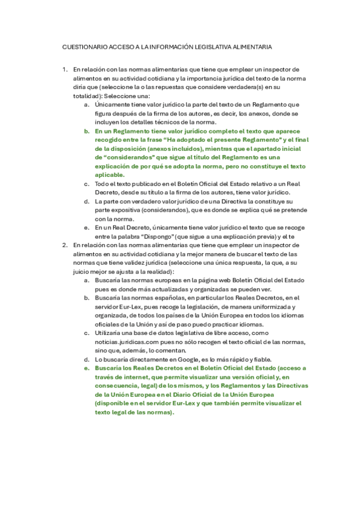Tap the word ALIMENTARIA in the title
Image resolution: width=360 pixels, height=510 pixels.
[x=251, y=46]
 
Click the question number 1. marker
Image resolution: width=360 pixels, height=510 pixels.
[x=65, y=70]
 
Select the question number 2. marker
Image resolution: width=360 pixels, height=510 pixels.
[x=65, y=245]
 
